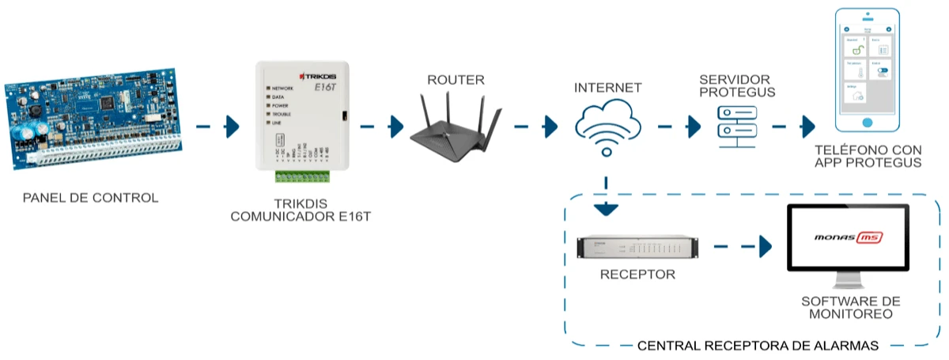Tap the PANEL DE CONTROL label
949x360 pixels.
[x=90, y=198]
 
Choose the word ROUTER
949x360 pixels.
[x=456, y=79]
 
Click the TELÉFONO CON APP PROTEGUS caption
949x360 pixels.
[x=868, y=157]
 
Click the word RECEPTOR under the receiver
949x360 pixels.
[x=637, y=275]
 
